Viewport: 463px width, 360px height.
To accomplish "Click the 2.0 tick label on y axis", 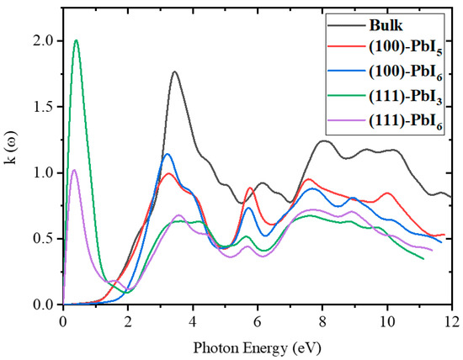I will (x=40, y=41).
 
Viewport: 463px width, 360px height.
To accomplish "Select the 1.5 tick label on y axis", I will (x=40, y=107).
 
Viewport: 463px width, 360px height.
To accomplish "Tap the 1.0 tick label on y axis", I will (x=40, y=173).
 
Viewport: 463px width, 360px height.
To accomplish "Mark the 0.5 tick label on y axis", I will (x=40, y=239).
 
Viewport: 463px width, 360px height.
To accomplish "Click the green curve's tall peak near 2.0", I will (x=76, y=40).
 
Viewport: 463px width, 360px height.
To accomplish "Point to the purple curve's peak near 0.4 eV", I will (x=74, y=170).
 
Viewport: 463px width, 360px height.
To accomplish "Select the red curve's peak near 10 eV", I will (x=387, y=193).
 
